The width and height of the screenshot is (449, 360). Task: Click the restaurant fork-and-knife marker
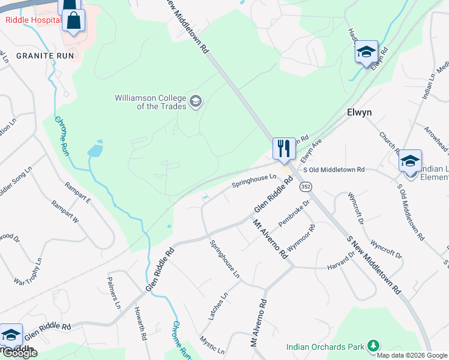(x=284, y=148)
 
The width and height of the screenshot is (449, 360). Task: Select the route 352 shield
(x=306, y=187)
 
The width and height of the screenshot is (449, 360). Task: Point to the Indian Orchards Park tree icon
(x=373, y=346)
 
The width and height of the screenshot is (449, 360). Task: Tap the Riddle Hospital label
(x=34, y=19)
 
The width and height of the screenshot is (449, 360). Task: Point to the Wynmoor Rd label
(x=301, y=238)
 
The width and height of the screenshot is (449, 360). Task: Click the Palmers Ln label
(x=114, y=293)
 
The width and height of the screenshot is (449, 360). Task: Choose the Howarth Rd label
(x=140, y=325)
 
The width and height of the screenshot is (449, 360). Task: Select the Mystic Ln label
(x=212, y=344)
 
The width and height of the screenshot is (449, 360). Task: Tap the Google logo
(x=20, y=352)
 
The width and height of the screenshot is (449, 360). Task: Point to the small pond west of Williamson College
(x=95, y=150)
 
